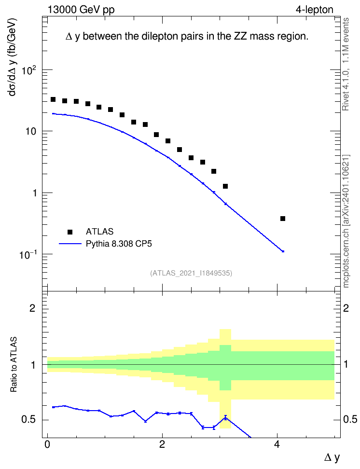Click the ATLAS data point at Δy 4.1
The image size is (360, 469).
click(283, 219)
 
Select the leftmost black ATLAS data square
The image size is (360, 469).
click(53, 99)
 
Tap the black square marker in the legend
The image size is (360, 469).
click(70, 232)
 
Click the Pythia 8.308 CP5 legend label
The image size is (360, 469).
click(119, 244)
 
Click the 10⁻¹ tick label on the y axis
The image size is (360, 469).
click(28, 255)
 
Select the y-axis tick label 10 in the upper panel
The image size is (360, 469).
click(30, 132)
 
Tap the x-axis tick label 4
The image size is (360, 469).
click(277, 444)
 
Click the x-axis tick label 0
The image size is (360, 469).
click(47, 444)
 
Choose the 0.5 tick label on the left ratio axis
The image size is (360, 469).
click(28, 420)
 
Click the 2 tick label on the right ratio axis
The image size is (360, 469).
click(346, 308)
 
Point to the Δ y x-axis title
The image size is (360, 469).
click(332, 457)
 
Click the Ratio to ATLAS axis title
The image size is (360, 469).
click(14, 364)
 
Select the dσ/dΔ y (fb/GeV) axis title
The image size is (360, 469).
click(13, 57)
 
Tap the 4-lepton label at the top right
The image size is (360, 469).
click(315, 10)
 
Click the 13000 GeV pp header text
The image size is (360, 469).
click(81, 10)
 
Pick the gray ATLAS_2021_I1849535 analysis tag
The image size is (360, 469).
click(191, 273)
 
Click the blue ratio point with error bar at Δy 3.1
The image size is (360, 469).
click(225, 417)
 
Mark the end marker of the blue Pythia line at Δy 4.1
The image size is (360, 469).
click(283, 251)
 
